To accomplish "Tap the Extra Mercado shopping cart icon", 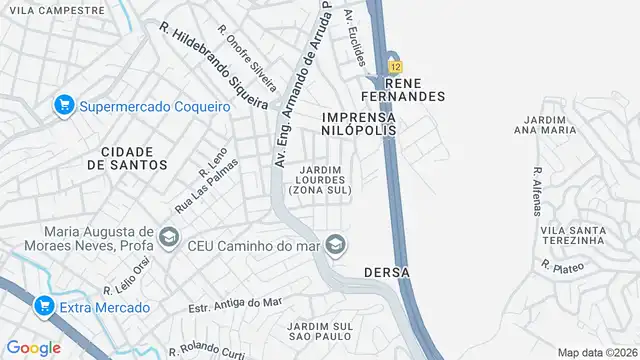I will point(43,306).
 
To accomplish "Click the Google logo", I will point(33,347).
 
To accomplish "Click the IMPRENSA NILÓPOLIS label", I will point(359,124).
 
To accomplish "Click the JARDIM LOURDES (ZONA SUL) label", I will point(320,180).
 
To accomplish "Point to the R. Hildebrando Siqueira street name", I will point(213,65).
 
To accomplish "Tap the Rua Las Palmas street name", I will point(196,192).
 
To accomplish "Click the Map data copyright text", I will point(597,352).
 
